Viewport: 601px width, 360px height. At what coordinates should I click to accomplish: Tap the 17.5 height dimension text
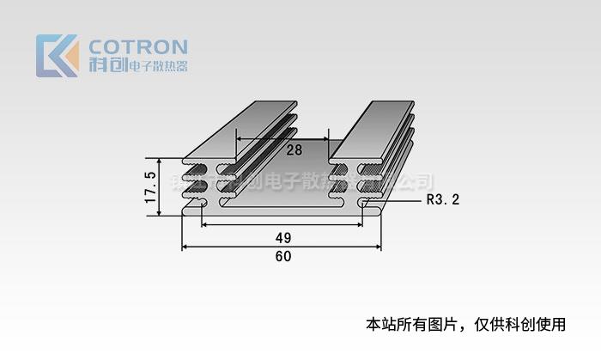pos(151,187)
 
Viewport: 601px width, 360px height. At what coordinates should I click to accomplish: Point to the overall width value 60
pos(282,256)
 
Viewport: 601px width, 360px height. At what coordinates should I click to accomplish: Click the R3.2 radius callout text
pos(443,200)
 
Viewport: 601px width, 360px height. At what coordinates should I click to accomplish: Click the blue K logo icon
pos(57,56)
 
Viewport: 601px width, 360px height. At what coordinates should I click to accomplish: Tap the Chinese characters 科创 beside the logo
pos(106,65)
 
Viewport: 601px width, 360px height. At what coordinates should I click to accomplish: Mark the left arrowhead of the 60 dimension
pos(185,247)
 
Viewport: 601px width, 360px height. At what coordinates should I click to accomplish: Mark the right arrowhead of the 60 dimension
pos(378,247)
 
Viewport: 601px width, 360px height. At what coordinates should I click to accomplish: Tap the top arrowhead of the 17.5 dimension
pos(161,162)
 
